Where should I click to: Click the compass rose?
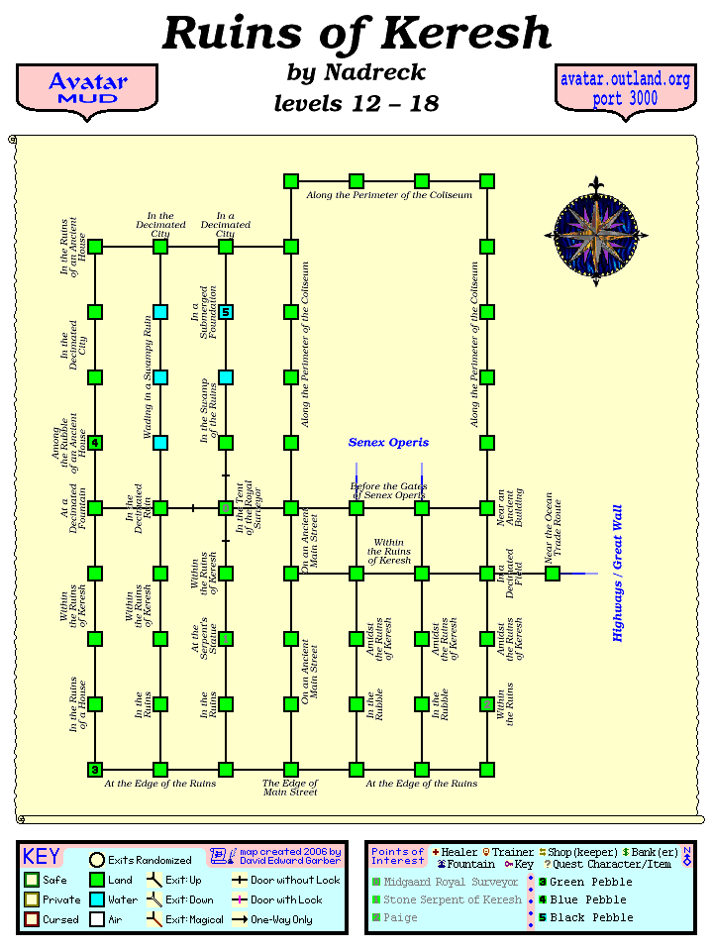(x=596, y=234)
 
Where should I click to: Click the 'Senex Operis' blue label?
(x=388, y=442)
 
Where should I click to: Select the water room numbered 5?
(x=226, y=312)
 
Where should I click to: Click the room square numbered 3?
(x=95, y=770)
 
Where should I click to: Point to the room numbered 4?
(x=95, y=443)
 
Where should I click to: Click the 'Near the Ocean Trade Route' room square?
(x=553, y=574)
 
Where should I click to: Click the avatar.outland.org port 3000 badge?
(x=624, y=89)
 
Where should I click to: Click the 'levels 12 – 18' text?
(x=356, y=103)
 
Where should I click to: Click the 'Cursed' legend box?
(x=32, y=919)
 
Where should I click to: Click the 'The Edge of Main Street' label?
(x=290, y=789)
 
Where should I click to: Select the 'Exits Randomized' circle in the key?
(x=97, y=860)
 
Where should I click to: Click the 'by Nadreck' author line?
(x=356, y=72)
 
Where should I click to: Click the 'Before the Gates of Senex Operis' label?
(x=388, y=490)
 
